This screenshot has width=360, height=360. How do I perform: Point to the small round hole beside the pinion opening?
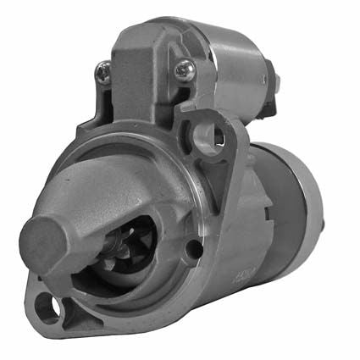point(194,249)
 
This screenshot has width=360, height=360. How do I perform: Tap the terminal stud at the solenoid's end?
point(276,81)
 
